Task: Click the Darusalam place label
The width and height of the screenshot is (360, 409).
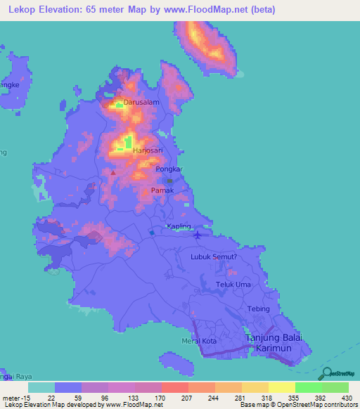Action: pos(141,102)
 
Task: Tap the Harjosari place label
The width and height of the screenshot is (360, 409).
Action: pos(148,150)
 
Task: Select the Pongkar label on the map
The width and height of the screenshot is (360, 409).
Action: pos(169,170)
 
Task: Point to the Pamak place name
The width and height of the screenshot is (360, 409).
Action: pos(162,190)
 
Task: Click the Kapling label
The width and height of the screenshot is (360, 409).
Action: pos(179,226)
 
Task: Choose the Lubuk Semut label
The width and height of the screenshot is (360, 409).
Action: pos(219,257)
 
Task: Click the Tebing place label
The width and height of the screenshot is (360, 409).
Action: pos(259,309)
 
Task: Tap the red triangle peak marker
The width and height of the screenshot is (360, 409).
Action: pos(112,171)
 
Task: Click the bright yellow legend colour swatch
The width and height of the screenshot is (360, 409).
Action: pos(282,387)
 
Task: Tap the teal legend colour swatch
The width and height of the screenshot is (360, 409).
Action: pos(41,387)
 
